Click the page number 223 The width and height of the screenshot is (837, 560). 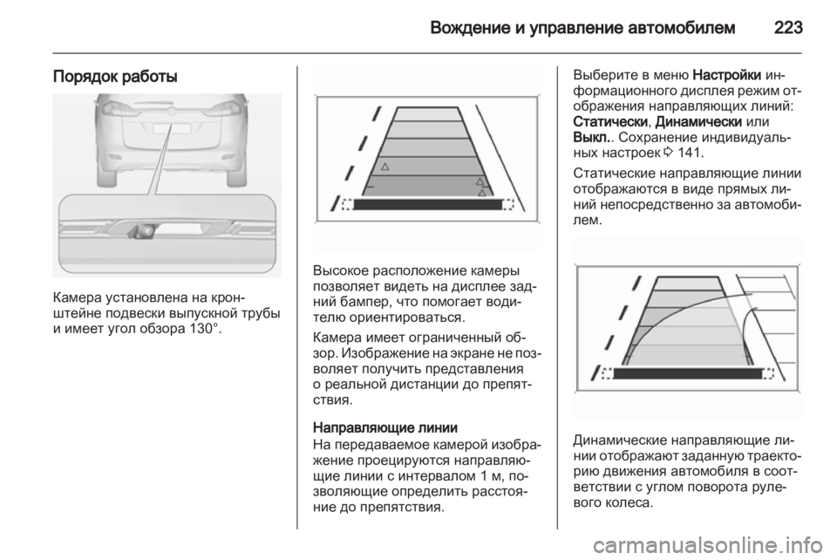[x=788, y=27]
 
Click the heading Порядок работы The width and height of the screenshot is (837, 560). [x=115, y=78]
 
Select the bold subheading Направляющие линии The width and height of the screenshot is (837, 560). [x=385, y=427]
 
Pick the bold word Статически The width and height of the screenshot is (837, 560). [x=610, y=121]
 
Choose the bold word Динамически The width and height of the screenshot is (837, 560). [x=698, y=121]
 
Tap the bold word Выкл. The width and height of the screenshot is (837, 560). [x=591, y=137]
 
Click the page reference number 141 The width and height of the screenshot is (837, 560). [x=689, y=153]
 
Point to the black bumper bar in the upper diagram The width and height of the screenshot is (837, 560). [x=428, y=204]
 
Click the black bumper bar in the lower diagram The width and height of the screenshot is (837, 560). [x=688, y=373]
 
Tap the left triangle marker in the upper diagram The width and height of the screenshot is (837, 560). [x=384, y=167]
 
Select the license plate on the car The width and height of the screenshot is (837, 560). [x=173, y=128]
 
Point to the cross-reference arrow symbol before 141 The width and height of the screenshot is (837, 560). [x=669, y=154]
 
